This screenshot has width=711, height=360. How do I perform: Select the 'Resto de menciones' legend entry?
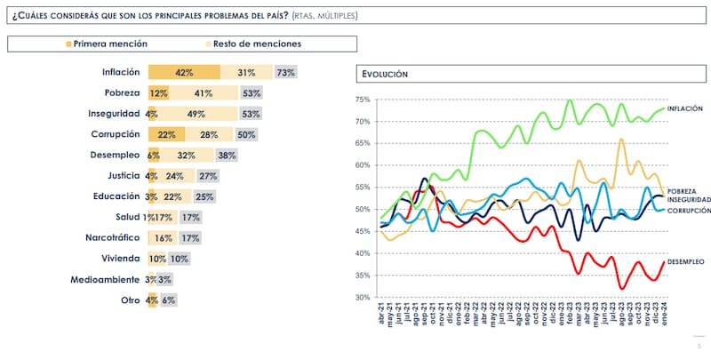click(x=259, y=44)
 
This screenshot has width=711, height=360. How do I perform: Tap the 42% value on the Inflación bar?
click(x=185, y=73)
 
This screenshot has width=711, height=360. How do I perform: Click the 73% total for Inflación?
click(x=285, y=73)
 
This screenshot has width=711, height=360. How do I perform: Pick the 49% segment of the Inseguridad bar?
click(x=197, y=114)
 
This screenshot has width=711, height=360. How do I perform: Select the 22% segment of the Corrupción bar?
click(x=165, y=134)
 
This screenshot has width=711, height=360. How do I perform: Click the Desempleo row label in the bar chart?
click(x=115, y=155)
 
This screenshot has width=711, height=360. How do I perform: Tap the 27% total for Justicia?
click(x=208, y=176)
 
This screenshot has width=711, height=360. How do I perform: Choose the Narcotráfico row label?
click(x=109, y=238)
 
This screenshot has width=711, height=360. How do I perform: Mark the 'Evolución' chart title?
click(x=385, y=75)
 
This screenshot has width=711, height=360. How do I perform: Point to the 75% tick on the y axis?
click(x=362, y=100)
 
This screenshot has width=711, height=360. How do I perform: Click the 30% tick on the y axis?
click(x=362, y=298)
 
